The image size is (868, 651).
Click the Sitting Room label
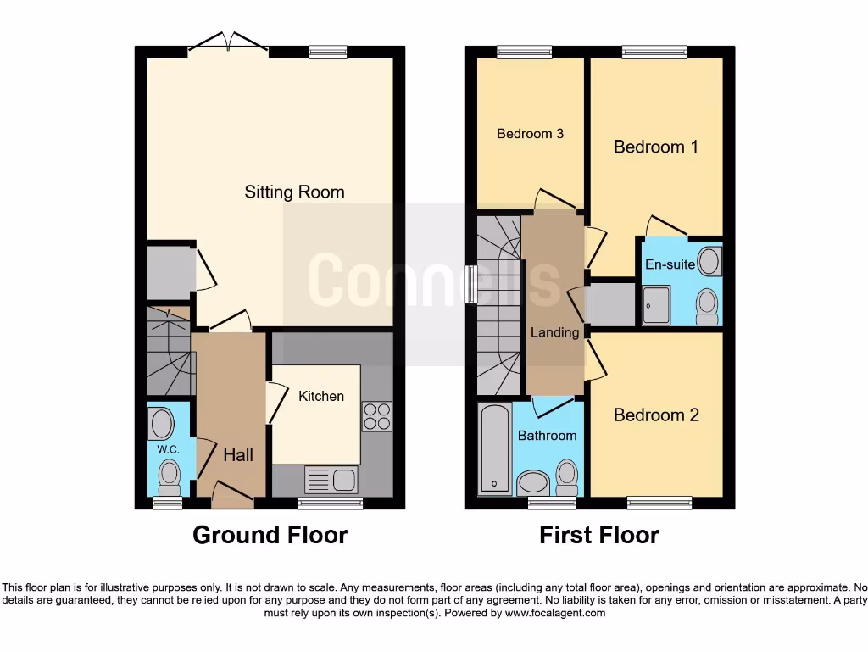(x=294, y=192)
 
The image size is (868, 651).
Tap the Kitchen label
(x=321, y=396)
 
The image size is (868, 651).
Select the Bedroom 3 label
(x=530, y=134)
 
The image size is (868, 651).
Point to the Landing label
(x=554, y=332)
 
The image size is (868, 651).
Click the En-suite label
(x=670, y=264)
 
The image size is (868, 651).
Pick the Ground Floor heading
(x=270, y=536)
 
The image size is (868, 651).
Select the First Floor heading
(x=598, y=536)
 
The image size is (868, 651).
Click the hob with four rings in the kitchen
(x=376, y=415)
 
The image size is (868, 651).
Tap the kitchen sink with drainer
(x=331, y=480)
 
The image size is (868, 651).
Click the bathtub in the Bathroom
(x=494, y=449)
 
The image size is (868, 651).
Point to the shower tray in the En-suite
(x=655, y=304)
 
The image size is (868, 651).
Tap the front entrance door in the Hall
(x=232, y=496)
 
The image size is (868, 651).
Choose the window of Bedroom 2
(x=659, y=503)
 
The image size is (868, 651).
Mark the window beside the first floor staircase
(x=471, y=285)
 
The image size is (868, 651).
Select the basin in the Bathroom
(x=533, y=483)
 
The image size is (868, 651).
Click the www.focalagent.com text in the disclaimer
(x=555, y=613)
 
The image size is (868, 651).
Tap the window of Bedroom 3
(x=523, y=53)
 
